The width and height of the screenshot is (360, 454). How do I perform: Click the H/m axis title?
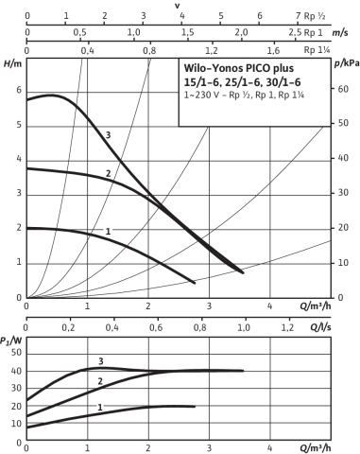click(x=13, y=63)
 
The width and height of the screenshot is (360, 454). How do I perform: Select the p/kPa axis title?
click(x=347, y=63)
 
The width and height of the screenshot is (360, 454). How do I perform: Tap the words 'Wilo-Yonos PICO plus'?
click(x=239, y=68)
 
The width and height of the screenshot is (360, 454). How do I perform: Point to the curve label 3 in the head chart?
click(x=108, y=135)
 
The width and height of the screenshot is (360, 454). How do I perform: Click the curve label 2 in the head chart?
click(x=108, y=173)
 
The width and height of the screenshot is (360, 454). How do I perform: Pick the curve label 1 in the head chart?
click(x=108, y=232)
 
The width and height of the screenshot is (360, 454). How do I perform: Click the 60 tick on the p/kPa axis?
click(x=341, y=89)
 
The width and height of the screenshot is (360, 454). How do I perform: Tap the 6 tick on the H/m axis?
click(x=19, y=91)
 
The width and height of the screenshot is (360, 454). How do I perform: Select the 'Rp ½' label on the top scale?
click(x=315, y=16)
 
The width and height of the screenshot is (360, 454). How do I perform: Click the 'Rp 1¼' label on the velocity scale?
click(x=317, y=50)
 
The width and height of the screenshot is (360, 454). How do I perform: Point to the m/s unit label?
click(x=340, y=33)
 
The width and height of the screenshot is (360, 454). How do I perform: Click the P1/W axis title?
click(x=11, y=340)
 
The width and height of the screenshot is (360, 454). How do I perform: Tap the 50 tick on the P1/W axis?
click(x=16, y=353)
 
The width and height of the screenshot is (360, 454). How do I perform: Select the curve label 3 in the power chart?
click(x=101, y=361)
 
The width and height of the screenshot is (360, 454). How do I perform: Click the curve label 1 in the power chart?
click(x=100, y=408)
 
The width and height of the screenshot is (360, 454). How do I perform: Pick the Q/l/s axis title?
click(x=320, y=327)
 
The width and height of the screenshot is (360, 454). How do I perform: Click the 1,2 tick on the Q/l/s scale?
click(x=287, y=327)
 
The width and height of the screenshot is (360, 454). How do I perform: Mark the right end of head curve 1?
click(x=195, y=283)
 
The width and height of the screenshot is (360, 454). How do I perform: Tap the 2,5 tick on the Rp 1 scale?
click(x=295, y=32)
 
